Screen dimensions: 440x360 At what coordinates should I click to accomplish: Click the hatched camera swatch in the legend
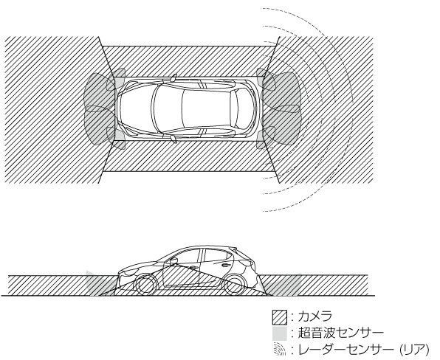pyautogui.click(x=280, y=317)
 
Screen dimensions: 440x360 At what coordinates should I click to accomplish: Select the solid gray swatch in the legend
pyautogui.click(x=280, y=333)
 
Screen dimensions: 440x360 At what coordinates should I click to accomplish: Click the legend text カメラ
pyautogui.click(x=314, y=316)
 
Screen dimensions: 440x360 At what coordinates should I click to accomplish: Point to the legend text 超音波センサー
pyautogui.click(x=340, y=333)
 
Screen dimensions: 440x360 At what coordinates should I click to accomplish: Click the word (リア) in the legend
pyautogui.click(x=414, y=350)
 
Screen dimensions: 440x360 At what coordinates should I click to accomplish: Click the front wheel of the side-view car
pyautogui.click(x=145, y=285)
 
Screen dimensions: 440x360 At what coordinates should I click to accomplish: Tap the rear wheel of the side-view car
pyautogui.click(x=236, y=285)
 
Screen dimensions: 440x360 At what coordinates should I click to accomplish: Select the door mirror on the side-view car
pyautogui.click(x=174, y=261)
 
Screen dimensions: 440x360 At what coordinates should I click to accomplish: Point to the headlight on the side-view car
pyautogui.click(x=128, y=271)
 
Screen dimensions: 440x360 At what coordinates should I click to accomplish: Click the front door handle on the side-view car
pyautogui.click(x=193, y=266)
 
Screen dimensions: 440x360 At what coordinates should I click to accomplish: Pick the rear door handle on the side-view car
pyautogui.click(x=225, y=265)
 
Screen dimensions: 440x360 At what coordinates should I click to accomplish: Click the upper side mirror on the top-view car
pyautogui.click(x=173, y=77)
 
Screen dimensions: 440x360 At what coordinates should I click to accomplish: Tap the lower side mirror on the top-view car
pyautogui.click(x=173, y=139)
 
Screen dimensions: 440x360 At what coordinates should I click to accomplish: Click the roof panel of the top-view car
pyautogui.click(x=196, y=108)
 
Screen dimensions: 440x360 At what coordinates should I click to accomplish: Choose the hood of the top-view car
pyautogui.click(x=134, y=108)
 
